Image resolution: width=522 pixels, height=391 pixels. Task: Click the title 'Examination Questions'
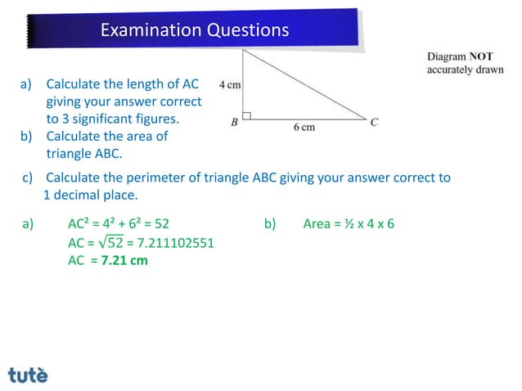pyautogui.click(x=194, y=30)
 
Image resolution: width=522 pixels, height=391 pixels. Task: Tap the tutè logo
pyautogui.click(x=28, y=375)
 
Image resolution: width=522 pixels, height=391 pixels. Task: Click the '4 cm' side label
pyautogui.click(x=229, y=85)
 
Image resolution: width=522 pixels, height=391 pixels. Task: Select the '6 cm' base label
pyautogui.click(x=304, y=128)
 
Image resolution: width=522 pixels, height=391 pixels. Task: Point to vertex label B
pyautogui.click(x=234, y=124)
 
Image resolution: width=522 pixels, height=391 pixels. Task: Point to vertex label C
pyautogui.click(x=373, y=123)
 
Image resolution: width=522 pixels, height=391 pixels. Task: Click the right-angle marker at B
pyautogui.click(x=246, y=115)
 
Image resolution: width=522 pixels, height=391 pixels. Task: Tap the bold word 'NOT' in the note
pyautogui.click(x=480, y=57)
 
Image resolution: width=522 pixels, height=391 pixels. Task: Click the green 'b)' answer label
pyautogui.click(x=271, y=222)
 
